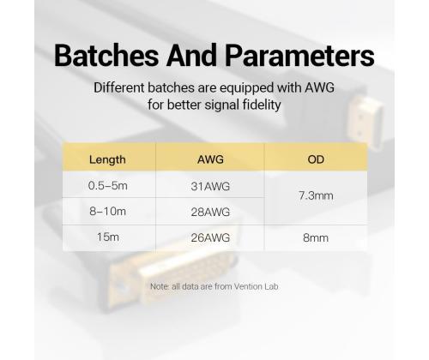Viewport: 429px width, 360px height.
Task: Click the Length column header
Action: coord(107,159)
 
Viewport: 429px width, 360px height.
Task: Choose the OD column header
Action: coord(315,159)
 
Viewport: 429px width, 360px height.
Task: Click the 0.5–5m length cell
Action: coord(107,184)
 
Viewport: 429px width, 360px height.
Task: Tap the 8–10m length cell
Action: coord(107,210)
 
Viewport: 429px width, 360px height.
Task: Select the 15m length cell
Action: coord(107,237)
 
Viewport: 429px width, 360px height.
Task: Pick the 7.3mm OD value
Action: coord(315,197)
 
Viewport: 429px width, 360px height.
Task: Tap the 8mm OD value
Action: coord(315,237)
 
